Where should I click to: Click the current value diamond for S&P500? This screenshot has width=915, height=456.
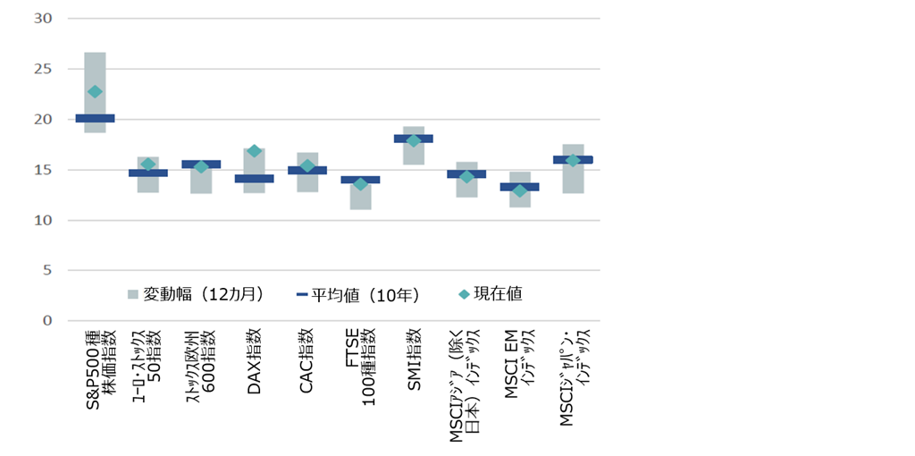[x=95, y=91]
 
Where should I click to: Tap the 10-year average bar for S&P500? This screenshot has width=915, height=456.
[x=95, y=118]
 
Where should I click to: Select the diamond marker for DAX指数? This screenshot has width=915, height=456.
[x=254, y=151]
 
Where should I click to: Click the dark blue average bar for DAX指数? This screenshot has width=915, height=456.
[x=254, y=179]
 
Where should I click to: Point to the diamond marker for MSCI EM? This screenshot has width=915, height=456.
[x=520, y=190]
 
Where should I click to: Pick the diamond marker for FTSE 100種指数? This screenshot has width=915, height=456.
[x=360, y=184]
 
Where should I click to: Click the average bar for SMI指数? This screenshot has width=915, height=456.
[x=414, y=139]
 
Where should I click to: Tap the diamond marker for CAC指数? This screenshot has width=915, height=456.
[x=306, y=166]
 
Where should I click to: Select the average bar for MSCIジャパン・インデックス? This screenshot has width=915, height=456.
[x=573, y=160]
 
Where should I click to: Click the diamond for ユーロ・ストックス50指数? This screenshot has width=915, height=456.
[x=148, y=165]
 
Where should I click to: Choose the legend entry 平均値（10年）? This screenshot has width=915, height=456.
[x=357, y=293]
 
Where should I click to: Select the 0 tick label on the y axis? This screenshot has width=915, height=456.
[x=48, y=321]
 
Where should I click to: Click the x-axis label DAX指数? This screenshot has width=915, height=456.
[x=254, y=351]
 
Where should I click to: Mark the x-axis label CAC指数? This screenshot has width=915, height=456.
[x=306, y=351]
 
